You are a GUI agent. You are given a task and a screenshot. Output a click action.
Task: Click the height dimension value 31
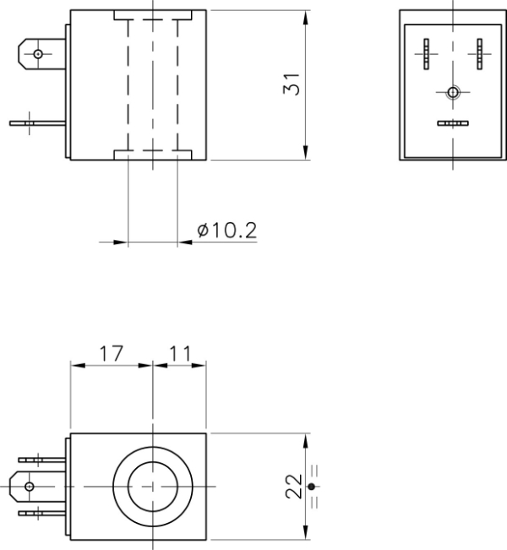pyautogui.click(x=292, y=85)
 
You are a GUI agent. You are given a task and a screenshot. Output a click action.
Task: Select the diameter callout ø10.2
pyautogui.click(x=226, y=230)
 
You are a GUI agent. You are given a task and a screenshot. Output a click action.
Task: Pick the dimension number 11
pyautogui.click(x=179, y=353)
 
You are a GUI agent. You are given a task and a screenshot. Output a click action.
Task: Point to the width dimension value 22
pyautogui.click(x=292, y=487)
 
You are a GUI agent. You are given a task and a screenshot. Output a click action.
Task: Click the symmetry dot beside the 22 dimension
pyautogui.click(x=312, y=487)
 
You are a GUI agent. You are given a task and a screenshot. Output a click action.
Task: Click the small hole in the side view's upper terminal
pyautogui.click(x=38, y=55)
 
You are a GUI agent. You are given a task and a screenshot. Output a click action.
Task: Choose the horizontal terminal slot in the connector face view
pyautogui.click(x=453, y=124)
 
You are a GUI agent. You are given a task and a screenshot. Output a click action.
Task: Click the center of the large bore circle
pyautogui.click(x=152, y=487)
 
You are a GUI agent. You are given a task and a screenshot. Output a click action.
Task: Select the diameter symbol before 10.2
pyautogui.click(x=203, y=231)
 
